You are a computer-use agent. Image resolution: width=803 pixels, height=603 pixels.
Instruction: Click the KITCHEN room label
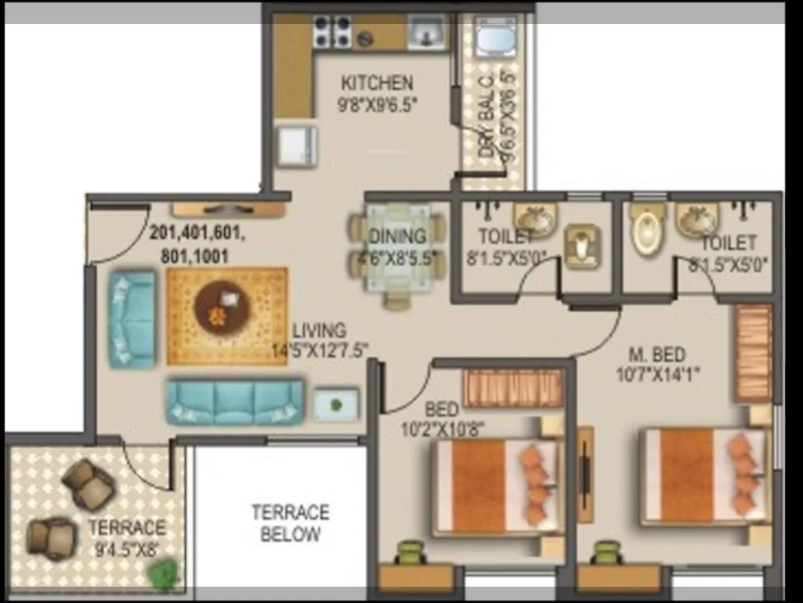[377, 82]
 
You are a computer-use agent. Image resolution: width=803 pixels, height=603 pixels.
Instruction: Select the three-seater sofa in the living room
[234, 401]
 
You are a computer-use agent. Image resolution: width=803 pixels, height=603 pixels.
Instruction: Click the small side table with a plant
[335, 405]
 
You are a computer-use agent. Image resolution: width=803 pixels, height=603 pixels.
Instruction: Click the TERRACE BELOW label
[289, 523]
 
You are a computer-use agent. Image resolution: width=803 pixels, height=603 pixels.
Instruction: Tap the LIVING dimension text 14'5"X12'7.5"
[319, 349]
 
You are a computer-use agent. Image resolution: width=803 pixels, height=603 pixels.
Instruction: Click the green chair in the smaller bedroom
[410, 554]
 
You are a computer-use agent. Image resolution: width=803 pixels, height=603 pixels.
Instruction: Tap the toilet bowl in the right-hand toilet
[647, 229]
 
